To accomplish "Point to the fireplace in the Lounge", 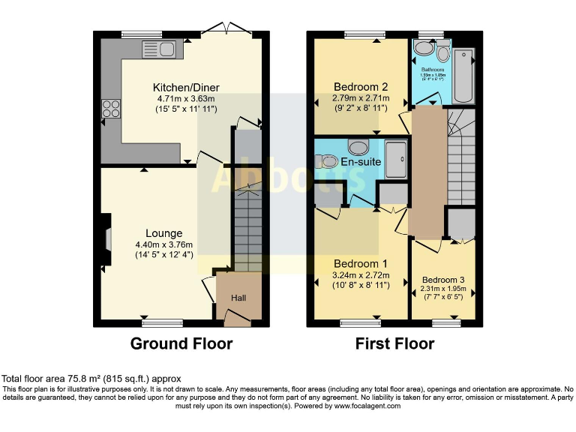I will point(108,239).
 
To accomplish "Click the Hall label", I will point(238,298).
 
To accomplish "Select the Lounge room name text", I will point(163,233).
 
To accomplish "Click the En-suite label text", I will point(361,161).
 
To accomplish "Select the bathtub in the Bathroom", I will point(464,75).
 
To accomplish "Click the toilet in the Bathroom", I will point(442,52).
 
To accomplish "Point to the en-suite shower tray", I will point(397,159).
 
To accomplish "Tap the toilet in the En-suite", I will point(327,160).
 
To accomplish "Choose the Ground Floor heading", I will point(181,344).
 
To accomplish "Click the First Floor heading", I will point(394,344).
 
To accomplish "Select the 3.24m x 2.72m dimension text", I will point(360,275).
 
